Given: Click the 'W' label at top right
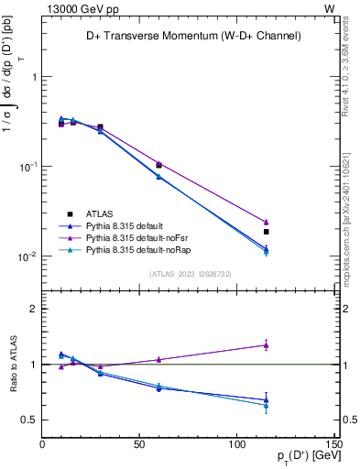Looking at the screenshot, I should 329,7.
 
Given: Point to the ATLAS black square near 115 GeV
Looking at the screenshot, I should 267,232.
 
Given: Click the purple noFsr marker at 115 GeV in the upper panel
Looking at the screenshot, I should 267,222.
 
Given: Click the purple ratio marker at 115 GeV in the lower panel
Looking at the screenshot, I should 267,344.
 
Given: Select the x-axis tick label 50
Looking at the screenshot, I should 139,445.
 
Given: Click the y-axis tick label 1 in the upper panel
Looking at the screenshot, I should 34,77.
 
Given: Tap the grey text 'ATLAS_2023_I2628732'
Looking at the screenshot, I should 191,273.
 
